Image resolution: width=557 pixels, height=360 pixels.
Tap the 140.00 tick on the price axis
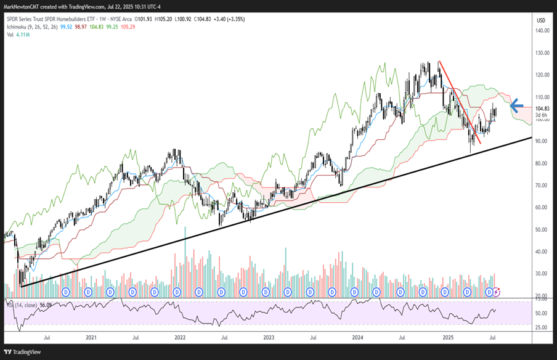tap(542, 31)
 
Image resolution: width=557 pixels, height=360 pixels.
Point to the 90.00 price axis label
tap(542, 141)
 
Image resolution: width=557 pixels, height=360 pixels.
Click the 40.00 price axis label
tap(542, 252)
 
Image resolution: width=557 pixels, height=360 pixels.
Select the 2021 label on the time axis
tap(91, 338)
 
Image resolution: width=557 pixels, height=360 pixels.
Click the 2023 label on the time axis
tap(269, 338)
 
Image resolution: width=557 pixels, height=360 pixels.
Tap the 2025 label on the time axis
tap(448, 338)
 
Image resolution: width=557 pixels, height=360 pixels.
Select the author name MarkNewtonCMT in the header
tap(24, 6)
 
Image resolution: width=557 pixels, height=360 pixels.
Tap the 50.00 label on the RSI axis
tap(541, 313)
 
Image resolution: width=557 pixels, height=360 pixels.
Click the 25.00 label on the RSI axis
tap(541, 327)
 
